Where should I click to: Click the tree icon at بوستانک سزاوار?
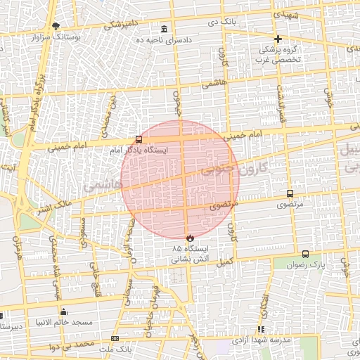pos(56,25)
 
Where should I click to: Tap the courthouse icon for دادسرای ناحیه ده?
pos(164,29)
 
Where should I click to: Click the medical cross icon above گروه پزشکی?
pos(278,39)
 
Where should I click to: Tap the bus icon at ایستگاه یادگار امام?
pos(139,139)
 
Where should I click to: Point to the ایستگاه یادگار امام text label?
pos(145,150)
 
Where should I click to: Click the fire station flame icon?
pos(189,238)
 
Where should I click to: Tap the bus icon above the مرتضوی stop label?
pos(290,193)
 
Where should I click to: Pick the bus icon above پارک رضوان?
pos(305,254)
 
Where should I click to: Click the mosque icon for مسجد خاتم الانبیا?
pos(64,311)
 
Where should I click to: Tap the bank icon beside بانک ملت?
pos(115,339)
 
